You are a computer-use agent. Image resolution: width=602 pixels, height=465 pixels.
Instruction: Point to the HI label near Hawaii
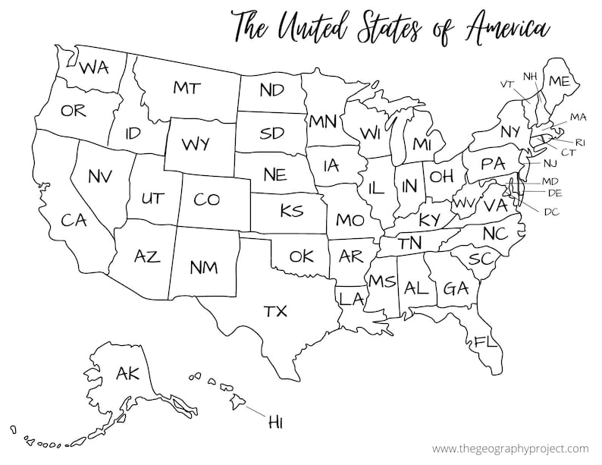coord(274,423)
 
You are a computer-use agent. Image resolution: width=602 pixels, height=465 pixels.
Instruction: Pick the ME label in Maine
coord(559,81)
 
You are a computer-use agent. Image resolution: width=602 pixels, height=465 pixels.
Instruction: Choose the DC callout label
coord(551,211)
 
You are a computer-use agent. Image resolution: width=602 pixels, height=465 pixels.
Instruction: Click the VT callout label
coord(507,83)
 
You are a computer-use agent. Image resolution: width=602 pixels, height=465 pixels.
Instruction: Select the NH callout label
coord(530,76)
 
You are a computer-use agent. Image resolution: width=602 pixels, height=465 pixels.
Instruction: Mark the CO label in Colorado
coord(206,199)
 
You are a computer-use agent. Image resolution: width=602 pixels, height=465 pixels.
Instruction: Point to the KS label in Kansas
coord(290,210)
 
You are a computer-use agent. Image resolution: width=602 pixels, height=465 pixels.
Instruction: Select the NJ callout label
coord(549,163)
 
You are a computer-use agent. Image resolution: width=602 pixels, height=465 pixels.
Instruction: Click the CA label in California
coord(74,220)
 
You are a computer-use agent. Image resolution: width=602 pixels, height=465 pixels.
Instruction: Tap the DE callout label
coord(554,193)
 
